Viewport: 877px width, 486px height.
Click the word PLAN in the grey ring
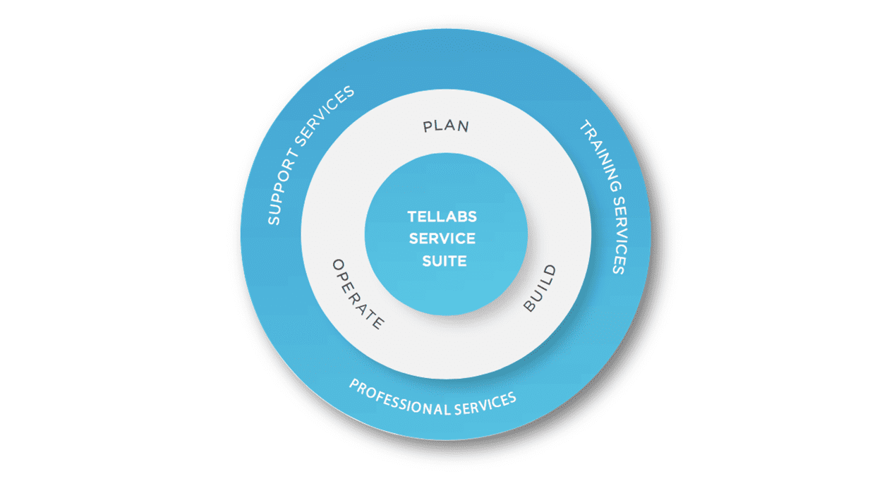click(x=446, y=126)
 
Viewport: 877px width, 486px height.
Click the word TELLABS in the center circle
click(x=442, y=217)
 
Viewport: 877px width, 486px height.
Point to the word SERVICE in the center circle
click(x=442, y=238)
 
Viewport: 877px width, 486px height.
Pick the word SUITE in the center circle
click(x=444, y=261)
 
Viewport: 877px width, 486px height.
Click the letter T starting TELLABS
click(x=411, y=217)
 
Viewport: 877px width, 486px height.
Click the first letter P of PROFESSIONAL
click(x=353, y=385)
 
